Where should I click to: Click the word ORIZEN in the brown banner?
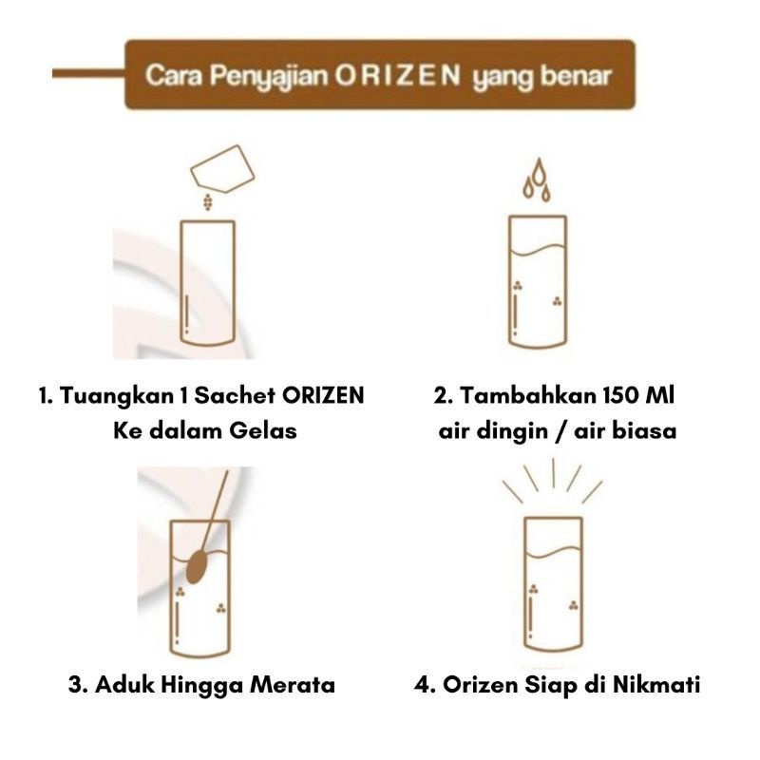click(x=397, y=77)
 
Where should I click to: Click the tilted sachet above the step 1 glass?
click(x=222, y=169)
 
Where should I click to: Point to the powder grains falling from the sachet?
click(x=207, y=202)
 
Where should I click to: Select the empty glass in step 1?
click(x=207, y=284)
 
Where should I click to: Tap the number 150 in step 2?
click(x=621, y=395)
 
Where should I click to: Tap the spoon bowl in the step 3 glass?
click(x=197, y=566)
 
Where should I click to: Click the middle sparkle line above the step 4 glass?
click(x=553, y=473)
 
